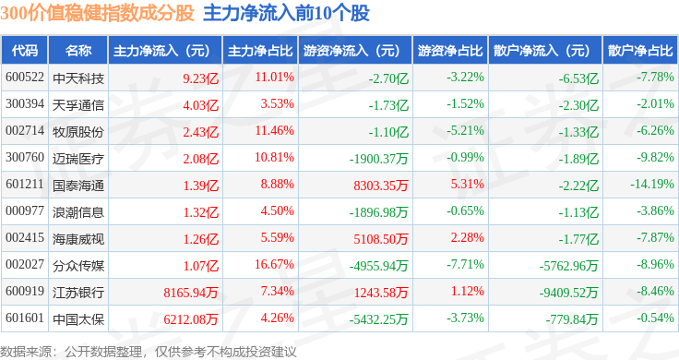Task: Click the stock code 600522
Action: pyautogui.click(x=25, y=78)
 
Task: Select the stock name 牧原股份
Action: pyautogui.click(x=78, y=132)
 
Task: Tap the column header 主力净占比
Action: pyautogui.click(x=260, y=51)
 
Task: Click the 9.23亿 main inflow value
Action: pyautogui.click(x=200, y=78)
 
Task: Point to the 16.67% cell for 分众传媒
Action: pyautogui.click(x=274, y=264)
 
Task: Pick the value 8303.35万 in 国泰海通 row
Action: pyautogui.click(x=381, y=186)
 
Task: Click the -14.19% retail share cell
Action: pyautogui.click(x=651, y=184)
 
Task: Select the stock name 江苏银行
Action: pyautogui.click(x=78, y=293)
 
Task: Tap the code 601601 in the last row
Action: pyautogui.click(x=25, y=318)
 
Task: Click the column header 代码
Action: pyautogui.click(x=25, y=51)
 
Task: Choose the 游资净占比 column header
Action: pyautogui.click(x=450, y=51)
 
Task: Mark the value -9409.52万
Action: pyautogui.click(x=568, y=293)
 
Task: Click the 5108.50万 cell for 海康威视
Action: pyautogui.click(x=381, y=239)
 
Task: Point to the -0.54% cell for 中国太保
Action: pyautogui.click(x=655, y=318)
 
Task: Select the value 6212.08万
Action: pyautogui.click(x=191, y=319)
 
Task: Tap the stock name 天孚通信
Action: pyautogui.click(x=78, y=105)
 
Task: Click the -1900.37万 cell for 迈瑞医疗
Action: pyautogui.click(x=379, y=159)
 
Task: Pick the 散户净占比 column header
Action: pyautogui.click(x=640, y=51)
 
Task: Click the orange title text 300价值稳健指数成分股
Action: pyautogui.click(x=97, y=13)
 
